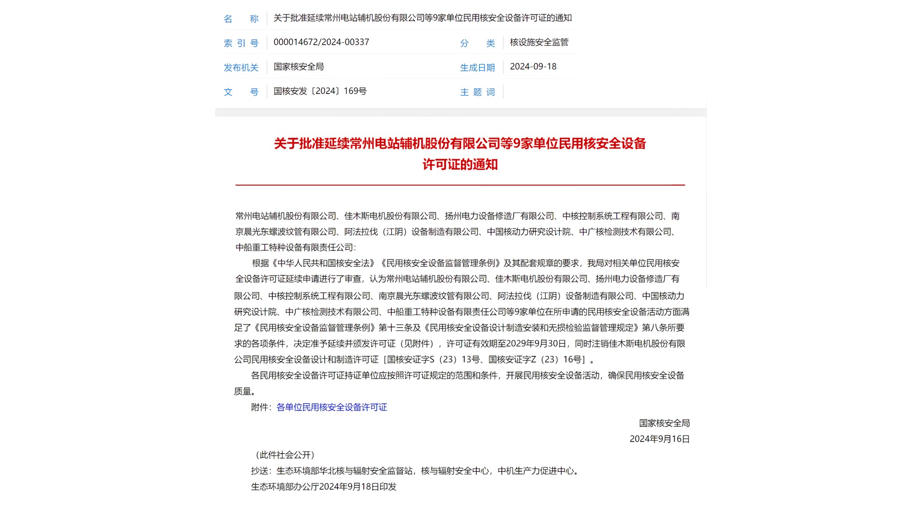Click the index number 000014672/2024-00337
point(321,42)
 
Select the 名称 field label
point(241,19)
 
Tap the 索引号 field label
point(241,43)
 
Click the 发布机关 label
point(241,68)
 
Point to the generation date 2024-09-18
point(533,67)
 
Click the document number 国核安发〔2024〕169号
point(320,91)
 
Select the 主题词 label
point(477,92)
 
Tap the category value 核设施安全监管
point(539,42)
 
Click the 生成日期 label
point(477,68)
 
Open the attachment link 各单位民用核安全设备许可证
point(331,407)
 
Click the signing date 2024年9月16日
point(659,439)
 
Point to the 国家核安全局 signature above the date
point(664,423)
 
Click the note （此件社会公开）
point(285,455)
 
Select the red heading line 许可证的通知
point(460,165)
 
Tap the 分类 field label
point(477,43)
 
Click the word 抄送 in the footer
point(259,471)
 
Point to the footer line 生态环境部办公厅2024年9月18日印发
point(324,487)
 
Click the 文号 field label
point(241,92)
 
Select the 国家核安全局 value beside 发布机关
point(299,67)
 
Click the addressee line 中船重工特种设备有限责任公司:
point(295,247)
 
